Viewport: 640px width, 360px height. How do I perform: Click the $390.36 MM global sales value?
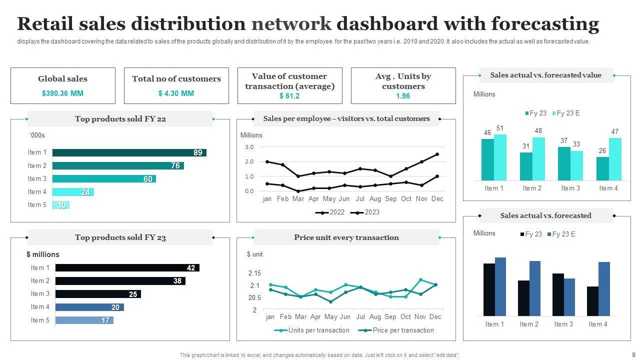62,93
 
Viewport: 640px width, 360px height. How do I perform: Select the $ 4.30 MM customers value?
176,93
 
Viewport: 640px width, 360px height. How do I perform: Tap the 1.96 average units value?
403,96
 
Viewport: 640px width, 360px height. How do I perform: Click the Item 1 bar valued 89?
129,152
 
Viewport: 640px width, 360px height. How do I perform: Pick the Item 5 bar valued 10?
60,205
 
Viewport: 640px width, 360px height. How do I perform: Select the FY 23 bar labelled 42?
127,268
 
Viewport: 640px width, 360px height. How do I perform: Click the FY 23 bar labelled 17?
84,320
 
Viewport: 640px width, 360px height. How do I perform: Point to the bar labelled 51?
500,157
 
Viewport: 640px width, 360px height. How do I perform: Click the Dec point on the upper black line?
437,154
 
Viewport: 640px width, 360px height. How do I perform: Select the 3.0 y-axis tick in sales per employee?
249,147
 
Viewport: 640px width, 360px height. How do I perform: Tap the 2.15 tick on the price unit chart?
254,273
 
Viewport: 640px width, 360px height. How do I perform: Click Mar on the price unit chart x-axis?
300,317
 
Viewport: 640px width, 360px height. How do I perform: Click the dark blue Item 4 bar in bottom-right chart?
604,288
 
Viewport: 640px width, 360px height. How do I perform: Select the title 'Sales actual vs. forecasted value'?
545,75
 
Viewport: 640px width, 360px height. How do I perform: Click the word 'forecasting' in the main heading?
545,23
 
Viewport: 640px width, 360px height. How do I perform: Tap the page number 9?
633,354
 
